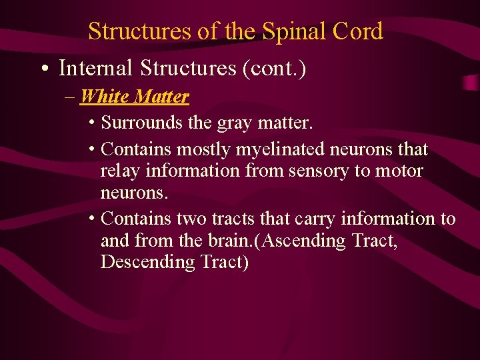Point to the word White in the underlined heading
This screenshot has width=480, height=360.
104,97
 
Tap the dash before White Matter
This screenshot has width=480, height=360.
71,97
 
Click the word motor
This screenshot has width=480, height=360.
399,171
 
